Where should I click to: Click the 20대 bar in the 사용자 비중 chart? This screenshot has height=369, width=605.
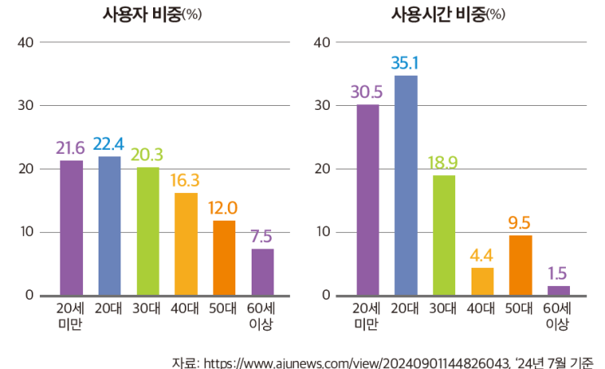click(x=109, y=226)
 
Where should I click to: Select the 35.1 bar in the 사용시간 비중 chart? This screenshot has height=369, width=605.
click(x=406, y=185)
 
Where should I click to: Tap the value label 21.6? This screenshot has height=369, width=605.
click(x=71, y=147)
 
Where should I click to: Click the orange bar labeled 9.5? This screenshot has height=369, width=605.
click(x=520, y=265)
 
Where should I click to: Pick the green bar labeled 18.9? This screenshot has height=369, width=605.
click(x=444, y=235)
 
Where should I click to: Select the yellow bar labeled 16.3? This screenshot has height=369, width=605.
click(x=186, y=244)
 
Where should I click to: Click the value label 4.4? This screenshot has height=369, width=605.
click(x=482, y=254)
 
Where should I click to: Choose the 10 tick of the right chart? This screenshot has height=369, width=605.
click(x=322, y=232)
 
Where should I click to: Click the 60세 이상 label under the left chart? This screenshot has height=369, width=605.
click(x=262, y=316)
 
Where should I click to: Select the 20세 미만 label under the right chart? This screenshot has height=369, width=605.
click(x=367, y=316)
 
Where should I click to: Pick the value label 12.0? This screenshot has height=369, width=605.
click(x=224, y=207)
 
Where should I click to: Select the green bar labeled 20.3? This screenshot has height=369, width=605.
click(x=147, y=231)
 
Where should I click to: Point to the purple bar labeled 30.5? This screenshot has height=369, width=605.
click(x=367, y=200)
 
